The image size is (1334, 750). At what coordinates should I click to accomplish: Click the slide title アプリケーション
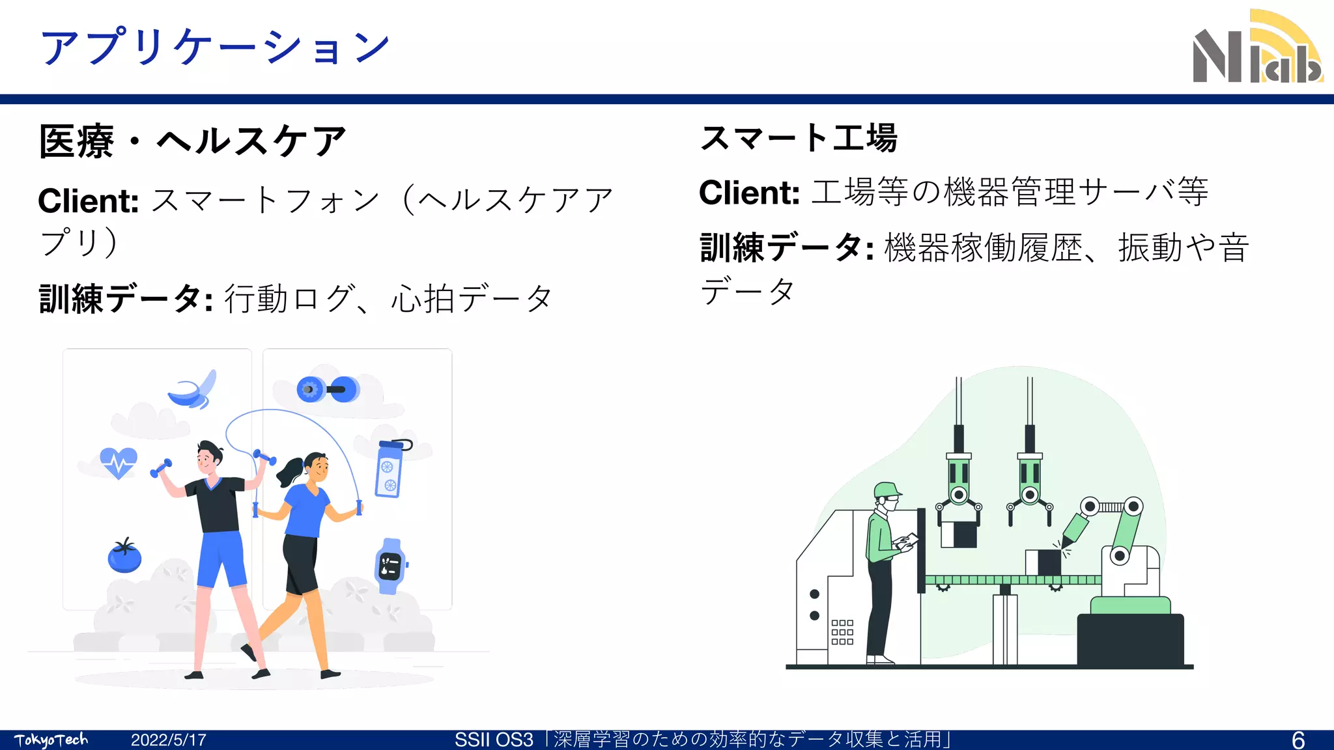(215, 47)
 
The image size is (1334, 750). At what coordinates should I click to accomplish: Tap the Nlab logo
(1257, 49)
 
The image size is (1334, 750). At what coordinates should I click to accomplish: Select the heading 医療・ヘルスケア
(192, 141)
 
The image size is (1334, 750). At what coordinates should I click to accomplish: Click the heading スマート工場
(799, 138)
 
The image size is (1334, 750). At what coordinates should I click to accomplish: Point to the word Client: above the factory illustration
(749, 193)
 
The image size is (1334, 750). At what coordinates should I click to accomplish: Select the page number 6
(1298, 740)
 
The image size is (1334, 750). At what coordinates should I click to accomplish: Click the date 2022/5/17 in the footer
(168, 740)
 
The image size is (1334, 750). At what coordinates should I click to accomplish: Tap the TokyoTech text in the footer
(51, 740)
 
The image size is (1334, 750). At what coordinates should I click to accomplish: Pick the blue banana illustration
(193, 390)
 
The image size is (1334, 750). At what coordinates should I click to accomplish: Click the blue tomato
(124, 557)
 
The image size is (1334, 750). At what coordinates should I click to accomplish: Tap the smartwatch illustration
(391, 566)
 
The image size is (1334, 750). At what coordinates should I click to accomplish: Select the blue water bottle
(390, 469)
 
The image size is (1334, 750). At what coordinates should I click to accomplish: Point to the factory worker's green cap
(887, 490)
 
